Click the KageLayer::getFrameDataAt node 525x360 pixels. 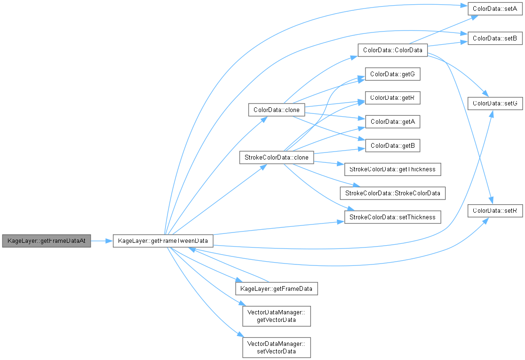pos(46,241)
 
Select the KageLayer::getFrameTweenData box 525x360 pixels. pos(163,241)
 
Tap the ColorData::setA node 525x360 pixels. pos(494,9)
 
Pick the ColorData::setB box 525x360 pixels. pos(494,38)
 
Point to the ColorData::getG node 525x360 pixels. pos(392,74)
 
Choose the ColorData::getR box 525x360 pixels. pos(392,98)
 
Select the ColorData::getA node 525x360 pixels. pos(392,122)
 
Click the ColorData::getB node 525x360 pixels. pos(392,146)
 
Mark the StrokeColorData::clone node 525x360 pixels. pos(277,158)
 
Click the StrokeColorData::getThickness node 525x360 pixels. pos(392,169)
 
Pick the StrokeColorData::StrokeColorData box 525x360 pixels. pos(392,193)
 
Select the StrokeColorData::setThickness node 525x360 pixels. pos(392,217)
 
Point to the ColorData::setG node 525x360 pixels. pos(494,103)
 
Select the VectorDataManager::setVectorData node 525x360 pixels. pos(277,347)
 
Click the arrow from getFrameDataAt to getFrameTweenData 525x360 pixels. pos(102,241)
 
